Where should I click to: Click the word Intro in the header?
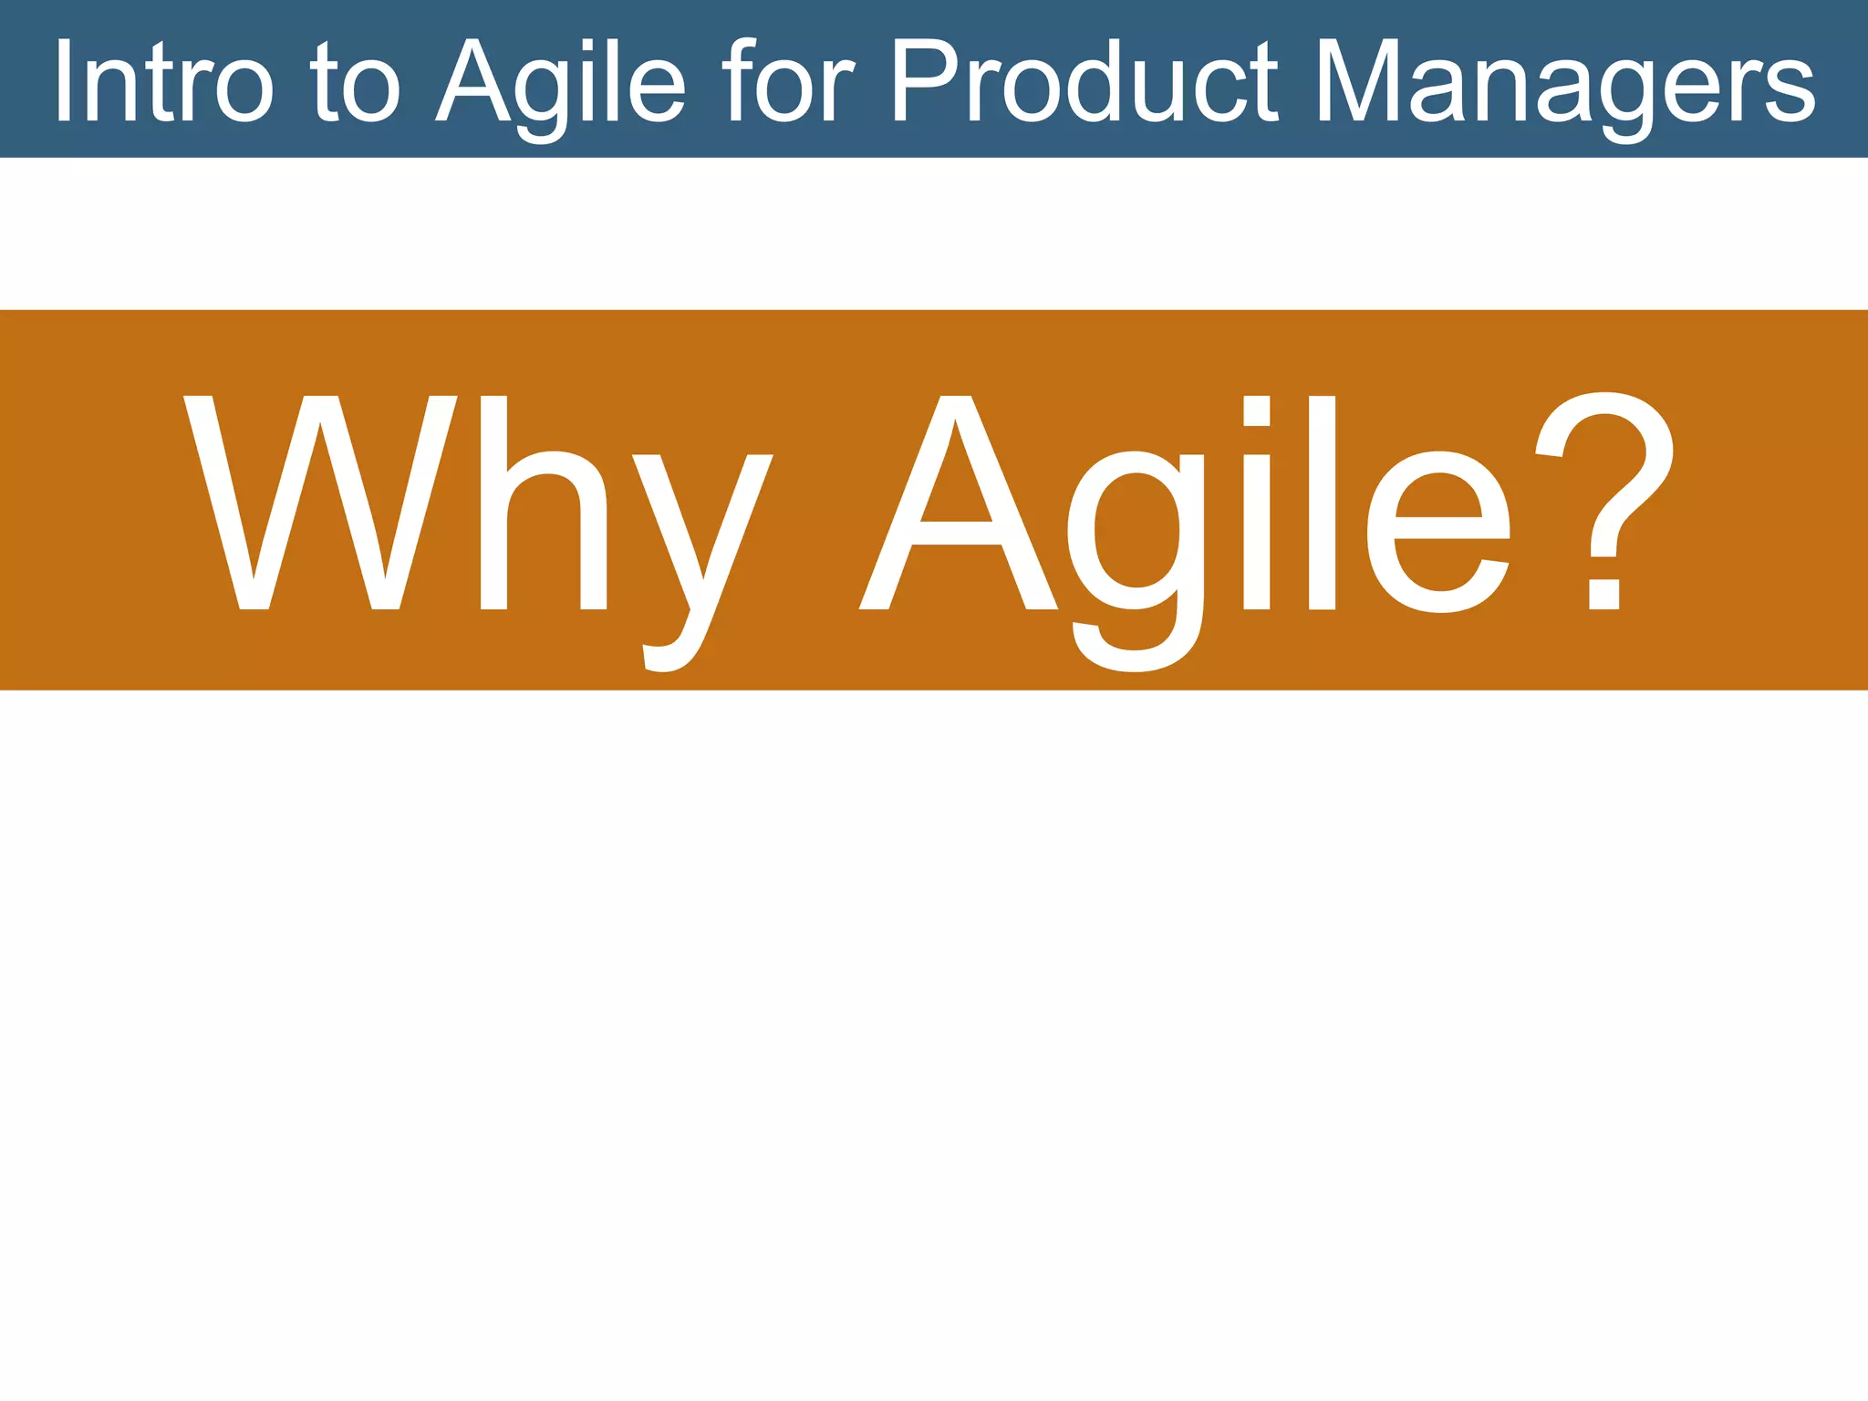tap(163, 82)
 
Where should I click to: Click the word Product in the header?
tap(1084, 82)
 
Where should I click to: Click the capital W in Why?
tap(320, 503)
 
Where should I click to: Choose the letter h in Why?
tap(544, 503)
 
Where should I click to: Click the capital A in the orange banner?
tap(957, 503)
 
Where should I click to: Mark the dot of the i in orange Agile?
tap(1257, 411)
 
